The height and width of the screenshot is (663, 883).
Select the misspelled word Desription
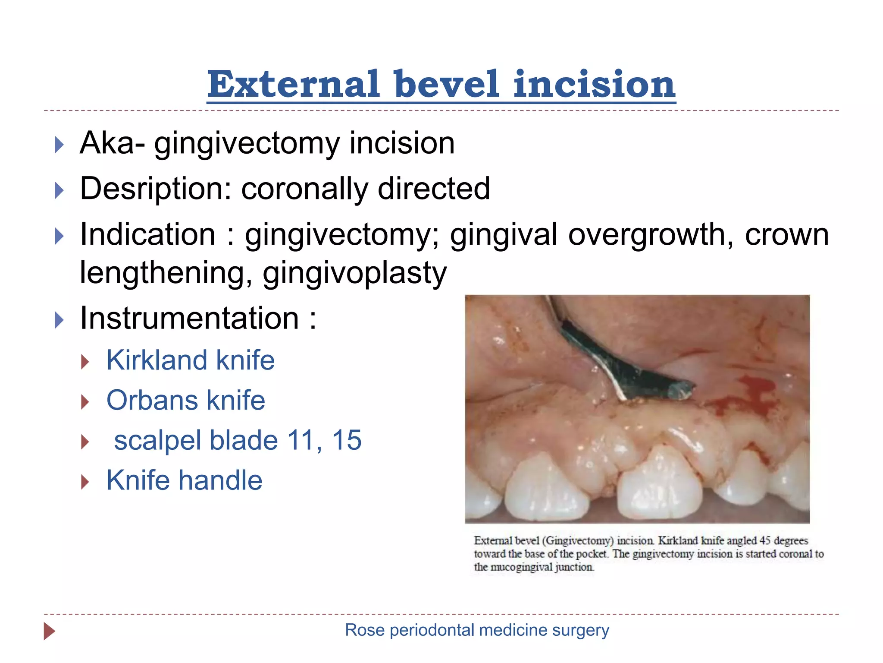(156, 189)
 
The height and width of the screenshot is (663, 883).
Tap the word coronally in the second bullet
(304, 189)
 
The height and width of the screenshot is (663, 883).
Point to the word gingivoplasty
(354, 273)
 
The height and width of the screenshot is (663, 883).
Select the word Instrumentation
(189, 318)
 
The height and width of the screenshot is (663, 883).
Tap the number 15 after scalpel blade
(347, 440)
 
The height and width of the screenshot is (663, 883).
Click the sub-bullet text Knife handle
(184, 480)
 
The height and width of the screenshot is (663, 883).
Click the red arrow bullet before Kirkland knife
(85, 362)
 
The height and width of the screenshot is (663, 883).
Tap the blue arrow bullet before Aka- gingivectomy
(59, 145)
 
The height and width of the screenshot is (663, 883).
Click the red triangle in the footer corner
(49, 631)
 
